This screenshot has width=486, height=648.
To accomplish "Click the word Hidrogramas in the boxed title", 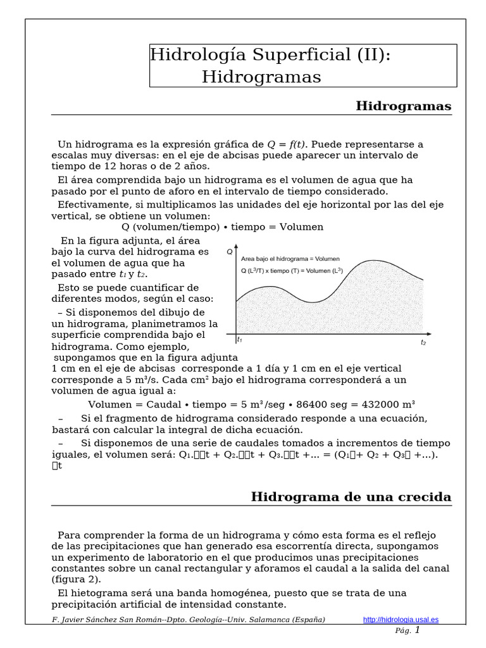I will tap(261, 77).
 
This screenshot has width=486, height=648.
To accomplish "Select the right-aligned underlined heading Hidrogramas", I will tap(403, 106).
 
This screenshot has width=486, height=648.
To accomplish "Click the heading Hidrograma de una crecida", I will tap(351, 496).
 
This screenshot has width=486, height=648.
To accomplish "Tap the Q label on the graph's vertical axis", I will tap(229, 252).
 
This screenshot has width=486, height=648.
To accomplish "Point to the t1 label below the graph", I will tap(239, 340).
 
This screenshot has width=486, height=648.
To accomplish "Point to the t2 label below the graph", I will tap(423, 342).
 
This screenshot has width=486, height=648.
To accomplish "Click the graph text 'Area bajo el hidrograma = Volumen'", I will tap(290, 259).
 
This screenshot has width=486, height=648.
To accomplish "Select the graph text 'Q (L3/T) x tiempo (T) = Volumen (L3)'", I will tap(292, 271).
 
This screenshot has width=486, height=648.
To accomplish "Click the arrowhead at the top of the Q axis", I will tap(236, 247).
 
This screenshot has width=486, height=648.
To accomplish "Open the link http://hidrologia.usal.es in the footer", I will tap(401, 620).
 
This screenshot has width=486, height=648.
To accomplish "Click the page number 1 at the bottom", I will tap(417, 630).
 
